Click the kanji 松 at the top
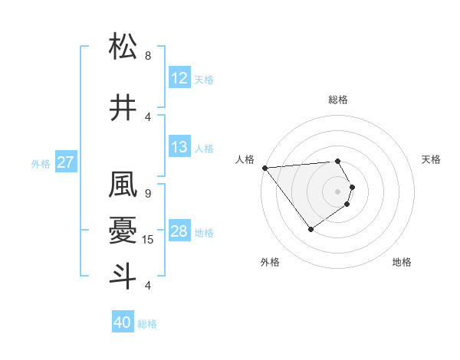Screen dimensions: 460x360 [123, 47]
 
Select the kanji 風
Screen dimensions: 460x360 [123, 186]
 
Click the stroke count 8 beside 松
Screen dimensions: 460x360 [148, 56]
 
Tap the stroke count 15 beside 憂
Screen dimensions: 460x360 [149, 240]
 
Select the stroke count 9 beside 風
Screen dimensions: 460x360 [148, 194]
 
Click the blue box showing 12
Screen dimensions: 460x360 [179, 78]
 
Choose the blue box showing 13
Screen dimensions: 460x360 [179, 147]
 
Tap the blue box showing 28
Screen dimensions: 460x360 [179, 231]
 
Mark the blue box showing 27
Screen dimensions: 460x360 [65, 162]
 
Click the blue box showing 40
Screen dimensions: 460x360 [123, 323]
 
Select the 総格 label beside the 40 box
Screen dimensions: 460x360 [148, 324]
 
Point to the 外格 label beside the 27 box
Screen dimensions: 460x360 [41, 163]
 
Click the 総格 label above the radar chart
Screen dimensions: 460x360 [338, 100]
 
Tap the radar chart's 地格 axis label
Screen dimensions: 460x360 [402, 262]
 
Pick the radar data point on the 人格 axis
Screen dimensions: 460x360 [264, 168]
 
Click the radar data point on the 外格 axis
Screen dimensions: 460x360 [310, 229]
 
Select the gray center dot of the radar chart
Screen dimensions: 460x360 [338, 191]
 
